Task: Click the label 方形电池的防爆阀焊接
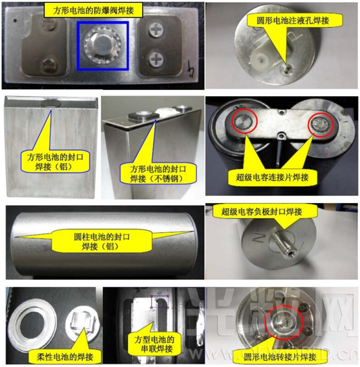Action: click(x=102, y=10)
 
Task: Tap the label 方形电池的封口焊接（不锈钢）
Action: click(x=154, y=173)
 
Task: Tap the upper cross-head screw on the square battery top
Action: click(x=157, y=30)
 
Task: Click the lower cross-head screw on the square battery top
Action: click(x=157, y=58)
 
